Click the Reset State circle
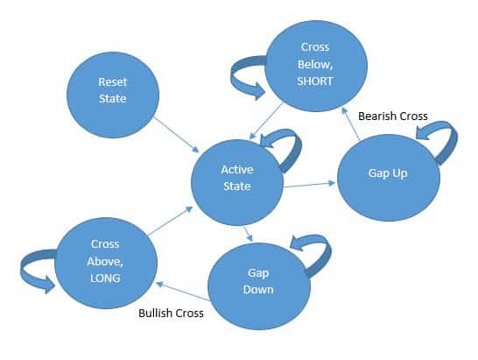pos(113,95)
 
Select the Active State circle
pos(237,182)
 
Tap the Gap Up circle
pos(389,178)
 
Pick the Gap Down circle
pos(259,286)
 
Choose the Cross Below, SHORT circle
pos(316,66)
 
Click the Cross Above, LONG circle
pos(106,263)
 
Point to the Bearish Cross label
pos(392,116)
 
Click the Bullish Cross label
pos(171,314)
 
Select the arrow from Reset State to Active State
pos(176,135)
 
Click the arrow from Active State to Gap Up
pos(309,185)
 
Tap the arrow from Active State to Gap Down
pos(248,234)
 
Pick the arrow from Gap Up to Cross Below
pos(350,124)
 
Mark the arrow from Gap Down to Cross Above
pos(183,292)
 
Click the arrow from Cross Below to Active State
pos(266,122)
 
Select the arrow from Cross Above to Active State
pos(170,221)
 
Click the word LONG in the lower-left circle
pos(105,279)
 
